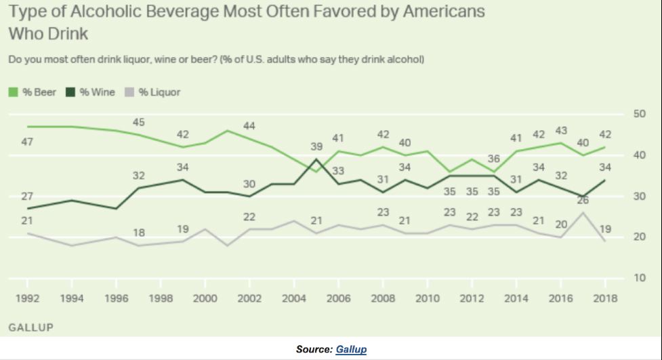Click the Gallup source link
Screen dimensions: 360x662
click(350, 349)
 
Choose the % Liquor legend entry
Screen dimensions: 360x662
click(154, 92)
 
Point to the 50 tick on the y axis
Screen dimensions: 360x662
click(638, 114)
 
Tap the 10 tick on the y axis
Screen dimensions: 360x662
click(638, 278)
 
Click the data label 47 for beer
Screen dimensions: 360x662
click(27, 142)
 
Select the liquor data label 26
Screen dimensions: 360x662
click(583, 200)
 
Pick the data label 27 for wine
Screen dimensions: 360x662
click(27, 197)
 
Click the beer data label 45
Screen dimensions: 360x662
click(138, 122)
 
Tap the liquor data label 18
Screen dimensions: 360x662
click(138, 233)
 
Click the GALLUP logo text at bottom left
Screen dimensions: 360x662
click(30, 327)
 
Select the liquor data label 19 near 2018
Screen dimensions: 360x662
click(605, 228)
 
